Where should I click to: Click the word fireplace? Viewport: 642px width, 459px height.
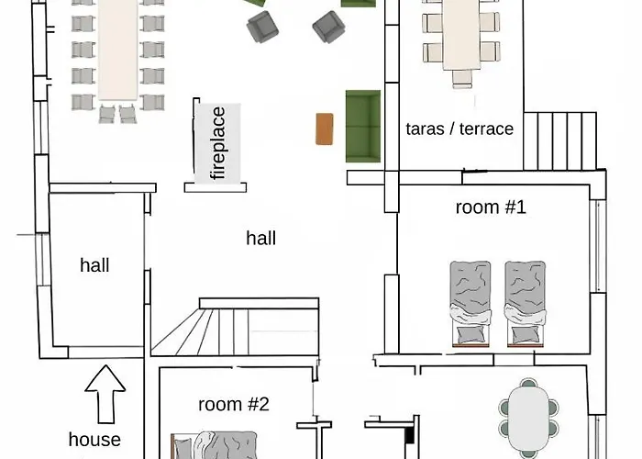pos(217,143)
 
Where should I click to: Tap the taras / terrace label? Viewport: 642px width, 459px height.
pos(459,129)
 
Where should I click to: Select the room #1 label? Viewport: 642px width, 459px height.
pos(491,207)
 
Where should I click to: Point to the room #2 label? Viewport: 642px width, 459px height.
pos(234,404)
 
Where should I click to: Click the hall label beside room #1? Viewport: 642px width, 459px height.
pos(260,238)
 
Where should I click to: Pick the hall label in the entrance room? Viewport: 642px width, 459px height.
pos(94,264)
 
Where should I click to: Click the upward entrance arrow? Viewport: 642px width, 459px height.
pos(105,394)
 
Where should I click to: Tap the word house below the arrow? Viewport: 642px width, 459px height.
pos(94,440)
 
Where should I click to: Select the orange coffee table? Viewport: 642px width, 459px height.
pos(325,129)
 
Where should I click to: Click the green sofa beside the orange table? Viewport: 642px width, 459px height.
pos(363,127)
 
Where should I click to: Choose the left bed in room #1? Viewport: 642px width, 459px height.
pos(470,304)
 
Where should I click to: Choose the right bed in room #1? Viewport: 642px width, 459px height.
pos(526,304)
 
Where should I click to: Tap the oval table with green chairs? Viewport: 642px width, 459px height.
pos(528,418)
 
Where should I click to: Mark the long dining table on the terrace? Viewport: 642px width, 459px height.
pos(461,35)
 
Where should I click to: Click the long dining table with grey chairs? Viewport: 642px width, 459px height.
pos(117,50)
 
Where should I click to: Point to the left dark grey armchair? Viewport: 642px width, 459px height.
pos(262,27)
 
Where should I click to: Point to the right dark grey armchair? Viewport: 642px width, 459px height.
pos(328,27)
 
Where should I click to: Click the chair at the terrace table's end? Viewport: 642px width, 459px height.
pos(462,79)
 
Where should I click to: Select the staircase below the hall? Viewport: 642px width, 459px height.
pos(235,327)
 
